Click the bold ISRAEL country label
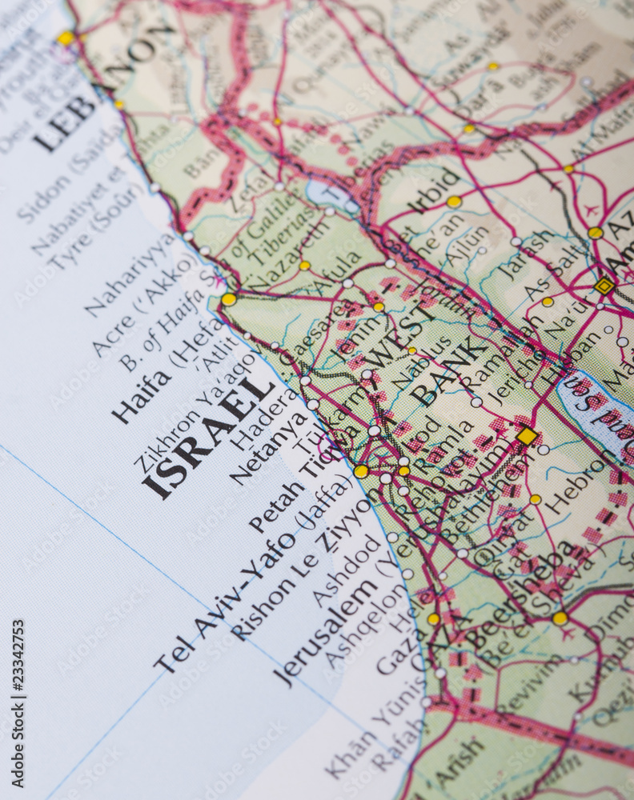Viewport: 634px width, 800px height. (210, 435)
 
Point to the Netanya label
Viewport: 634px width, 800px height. (268, 448)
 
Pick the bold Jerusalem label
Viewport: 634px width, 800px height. (325, 630)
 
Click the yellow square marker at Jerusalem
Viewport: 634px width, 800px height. (527, 436)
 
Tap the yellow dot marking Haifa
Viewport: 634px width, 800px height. (229, 299)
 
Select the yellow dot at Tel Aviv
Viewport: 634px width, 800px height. (362, 471)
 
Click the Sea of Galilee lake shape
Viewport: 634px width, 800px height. (329, 194)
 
